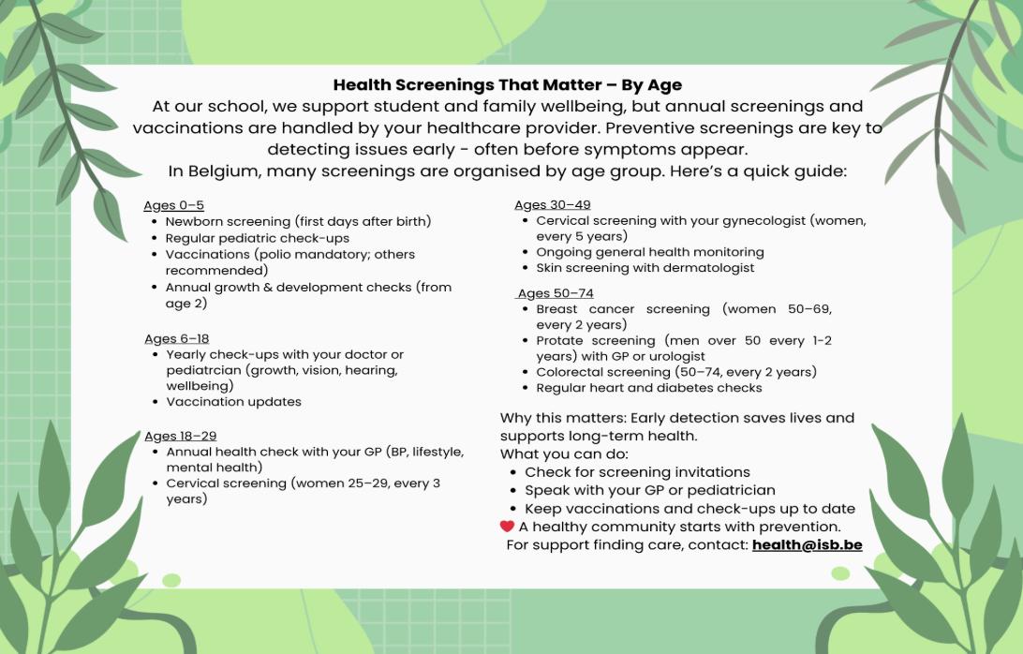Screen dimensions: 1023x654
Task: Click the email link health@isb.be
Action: tap(807, 545)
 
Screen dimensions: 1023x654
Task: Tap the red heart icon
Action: tap(507, 526)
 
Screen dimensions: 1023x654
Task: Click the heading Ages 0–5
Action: tap(173, 205)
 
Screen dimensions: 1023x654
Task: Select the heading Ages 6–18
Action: tap(177, 339)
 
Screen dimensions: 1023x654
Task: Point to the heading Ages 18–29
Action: tap(181, 436)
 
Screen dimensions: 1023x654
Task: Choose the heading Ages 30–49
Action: tap(553, 205)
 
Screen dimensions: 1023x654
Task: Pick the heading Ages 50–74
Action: tap(556, 293)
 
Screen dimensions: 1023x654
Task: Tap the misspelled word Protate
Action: tap(560, 341)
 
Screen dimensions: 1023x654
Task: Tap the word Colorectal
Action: tap(569, 372)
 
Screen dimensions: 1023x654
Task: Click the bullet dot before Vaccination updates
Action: tap(155, 402)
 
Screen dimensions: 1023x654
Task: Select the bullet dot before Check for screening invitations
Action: tap(513, 472)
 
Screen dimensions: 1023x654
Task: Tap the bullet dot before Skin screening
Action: tap(526, 268)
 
